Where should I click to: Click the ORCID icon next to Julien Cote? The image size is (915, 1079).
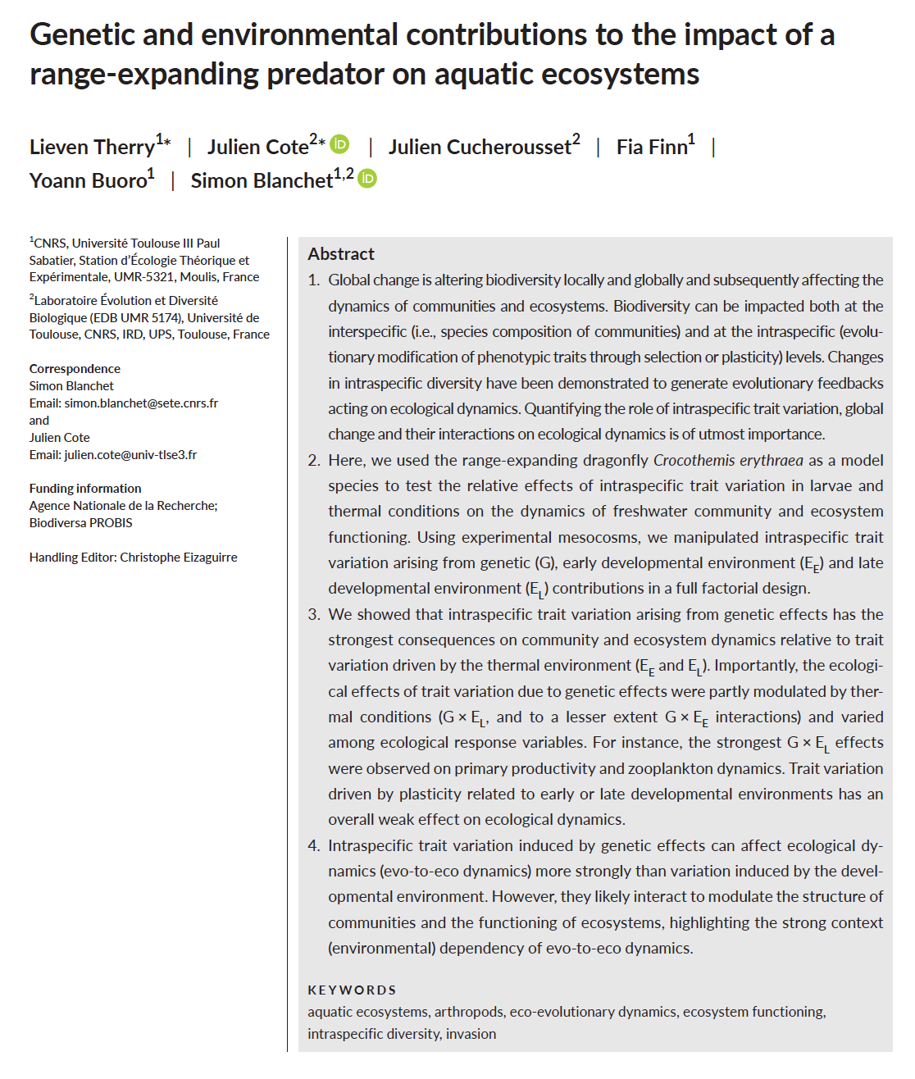(x=339, y=145)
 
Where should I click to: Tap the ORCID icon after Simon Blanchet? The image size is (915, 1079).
(x=367, y=179)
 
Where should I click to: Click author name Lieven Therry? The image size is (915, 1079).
(x=92, y=148)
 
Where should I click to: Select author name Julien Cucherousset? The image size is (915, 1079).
(x=479, y=148)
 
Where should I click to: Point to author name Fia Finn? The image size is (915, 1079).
(x=651, y=148)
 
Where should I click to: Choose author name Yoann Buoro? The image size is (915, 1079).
(x=88, y=181)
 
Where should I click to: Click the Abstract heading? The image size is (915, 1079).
(x=341, y=254)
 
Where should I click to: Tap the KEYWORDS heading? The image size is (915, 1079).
(x=352, y=990)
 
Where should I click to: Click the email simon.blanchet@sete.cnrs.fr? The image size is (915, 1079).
(x=141, y=403)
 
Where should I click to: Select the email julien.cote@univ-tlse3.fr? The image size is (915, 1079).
(x=130, y=455)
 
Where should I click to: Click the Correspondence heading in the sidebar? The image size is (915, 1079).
(x=75, y=369)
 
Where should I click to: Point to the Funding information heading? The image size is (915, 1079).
(x=85, y=489)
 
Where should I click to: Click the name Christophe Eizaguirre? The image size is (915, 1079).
(x=178, y=558)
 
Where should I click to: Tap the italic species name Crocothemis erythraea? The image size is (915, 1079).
(x=728, y=460)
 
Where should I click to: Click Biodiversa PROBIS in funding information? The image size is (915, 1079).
(x=80, y=523)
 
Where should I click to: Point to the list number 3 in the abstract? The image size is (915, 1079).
(x=314, y=615)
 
